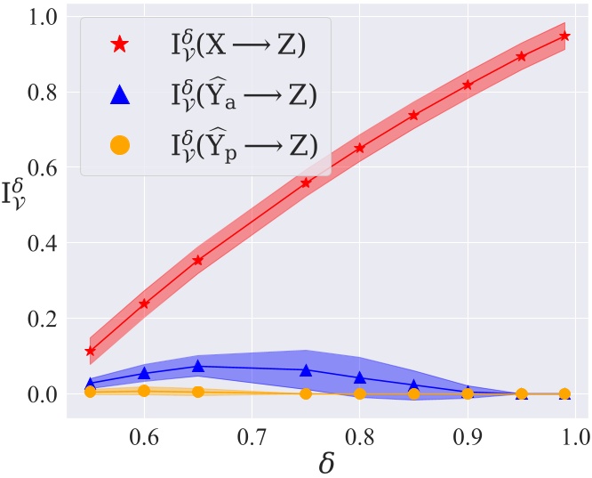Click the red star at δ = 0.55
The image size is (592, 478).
click(x=90, y=351)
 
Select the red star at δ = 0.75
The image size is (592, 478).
click(x=306, y=182)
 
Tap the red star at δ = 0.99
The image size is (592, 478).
click(x=564, y=36)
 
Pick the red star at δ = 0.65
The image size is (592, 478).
click(x=198, y=260)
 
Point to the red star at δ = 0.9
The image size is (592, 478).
click(x=468, y=85)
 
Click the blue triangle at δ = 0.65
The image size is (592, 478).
click(x=198, y=366)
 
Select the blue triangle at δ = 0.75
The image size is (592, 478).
click(x=306, y=369)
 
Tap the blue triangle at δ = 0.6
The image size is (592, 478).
click(x=144, y=373)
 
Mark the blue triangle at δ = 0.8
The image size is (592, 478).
click(x=360, y=377)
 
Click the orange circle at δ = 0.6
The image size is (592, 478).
click(x=144, y=390)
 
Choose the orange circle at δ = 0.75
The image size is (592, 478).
click(x=306, y=393)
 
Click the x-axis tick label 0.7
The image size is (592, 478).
click(x=252, y=437)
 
